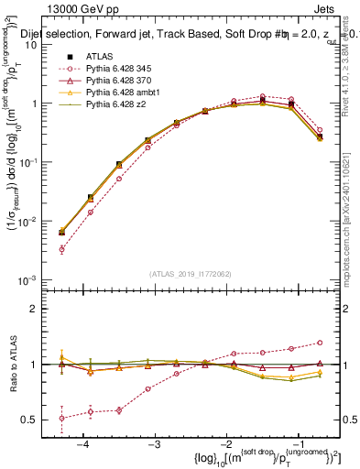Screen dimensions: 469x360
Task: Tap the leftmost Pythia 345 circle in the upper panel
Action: [61, 249]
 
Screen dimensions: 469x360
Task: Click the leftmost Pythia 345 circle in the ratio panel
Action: [61, 418]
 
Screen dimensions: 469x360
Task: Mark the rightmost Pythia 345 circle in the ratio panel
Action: [320, 343]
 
